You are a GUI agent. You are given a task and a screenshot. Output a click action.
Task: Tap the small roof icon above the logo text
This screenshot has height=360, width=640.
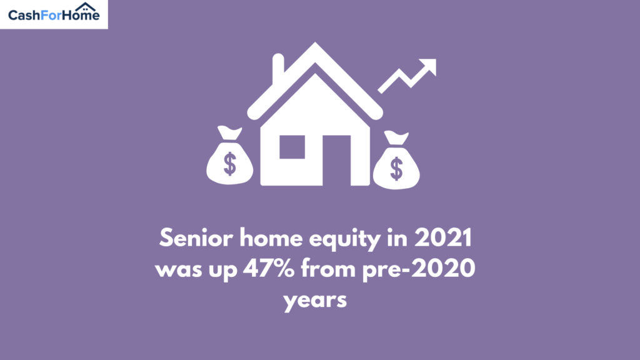pyautogui.click(x=85, y=6)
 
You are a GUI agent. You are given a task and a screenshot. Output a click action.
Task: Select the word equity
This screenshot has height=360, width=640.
pyautogui.click(x=344, y=239)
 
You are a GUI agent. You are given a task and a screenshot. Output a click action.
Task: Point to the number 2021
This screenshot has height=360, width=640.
pyautogui.click(x=443, y=237)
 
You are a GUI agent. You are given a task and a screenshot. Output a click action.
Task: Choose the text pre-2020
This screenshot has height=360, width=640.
pyautogui.click(x=419, y=269)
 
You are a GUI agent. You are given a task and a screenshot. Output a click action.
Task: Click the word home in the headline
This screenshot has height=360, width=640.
pyautogui.click(x=271, y=237)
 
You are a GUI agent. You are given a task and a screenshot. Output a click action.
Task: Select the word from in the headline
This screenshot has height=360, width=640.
pyautogui.click(x=328, y=268)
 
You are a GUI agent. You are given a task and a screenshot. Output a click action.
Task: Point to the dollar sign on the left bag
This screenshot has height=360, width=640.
pyautogui.click(x=230, y=164)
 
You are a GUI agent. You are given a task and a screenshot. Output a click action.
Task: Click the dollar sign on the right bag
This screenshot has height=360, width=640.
pyautogui.click(x=396, y=169)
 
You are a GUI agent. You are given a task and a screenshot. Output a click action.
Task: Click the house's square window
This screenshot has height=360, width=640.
pyautogui.click(x=292, y=147)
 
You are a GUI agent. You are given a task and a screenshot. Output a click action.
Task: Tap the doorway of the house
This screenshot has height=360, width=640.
pyautogui.click(x=337, y=161)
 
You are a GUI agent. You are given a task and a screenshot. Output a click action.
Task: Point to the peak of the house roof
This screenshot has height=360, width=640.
pyautogui.click(x=315, y=43)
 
